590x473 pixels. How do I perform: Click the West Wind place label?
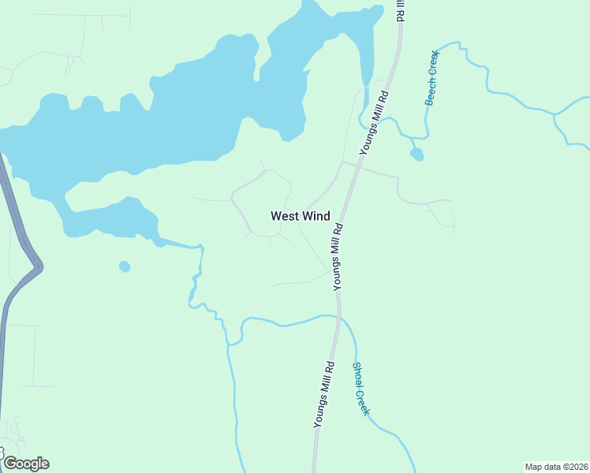coord(300,215)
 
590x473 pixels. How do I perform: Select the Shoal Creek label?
coord(360,389)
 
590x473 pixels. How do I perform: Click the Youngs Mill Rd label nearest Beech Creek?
coord(374,121)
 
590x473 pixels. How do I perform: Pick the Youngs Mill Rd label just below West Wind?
coord(338,257)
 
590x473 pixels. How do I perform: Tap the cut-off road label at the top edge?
coord(401,10)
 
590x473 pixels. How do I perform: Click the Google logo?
coord(26,463)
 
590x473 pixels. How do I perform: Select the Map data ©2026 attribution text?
coord(557,466)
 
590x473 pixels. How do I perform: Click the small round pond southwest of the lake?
coord(125,266)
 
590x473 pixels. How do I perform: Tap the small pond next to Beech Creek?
coord(416,154)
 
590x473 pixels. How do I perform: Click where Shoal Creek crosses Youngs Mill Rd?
coord(339,317)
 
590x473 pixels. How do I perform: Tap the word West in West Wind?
coord(284,215)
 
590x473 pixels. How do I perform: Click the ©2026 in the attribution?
coord(573,466)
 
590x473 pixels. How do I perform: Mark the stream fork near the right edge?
coord(555,116)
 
